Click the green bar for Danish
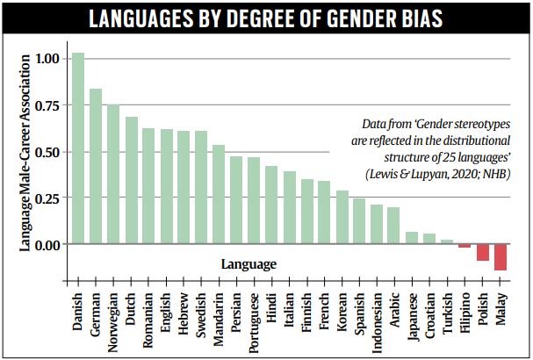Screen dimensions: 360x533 pyautogui.click(x=77, y=148)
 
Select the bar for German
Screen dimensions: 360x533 pyautogui.click(x=95, y=166)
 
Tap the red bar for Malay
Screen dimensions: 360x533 pyautogui.click(x=501, y=256)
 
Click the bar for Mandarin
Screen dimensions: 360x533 pyautogui.click(x=219, y=194)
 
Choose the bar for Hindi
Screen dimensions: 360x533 pyautogui.click(x=271, y=205)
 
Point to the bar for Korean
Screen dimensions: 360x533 pyautogui.click(x=342, y=217)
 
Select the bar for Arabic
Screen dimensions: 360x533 pyautogui.click(x=393, y=226)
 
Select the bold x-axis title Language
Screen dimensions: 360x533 pyautogui.click(x=248, y=263)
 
